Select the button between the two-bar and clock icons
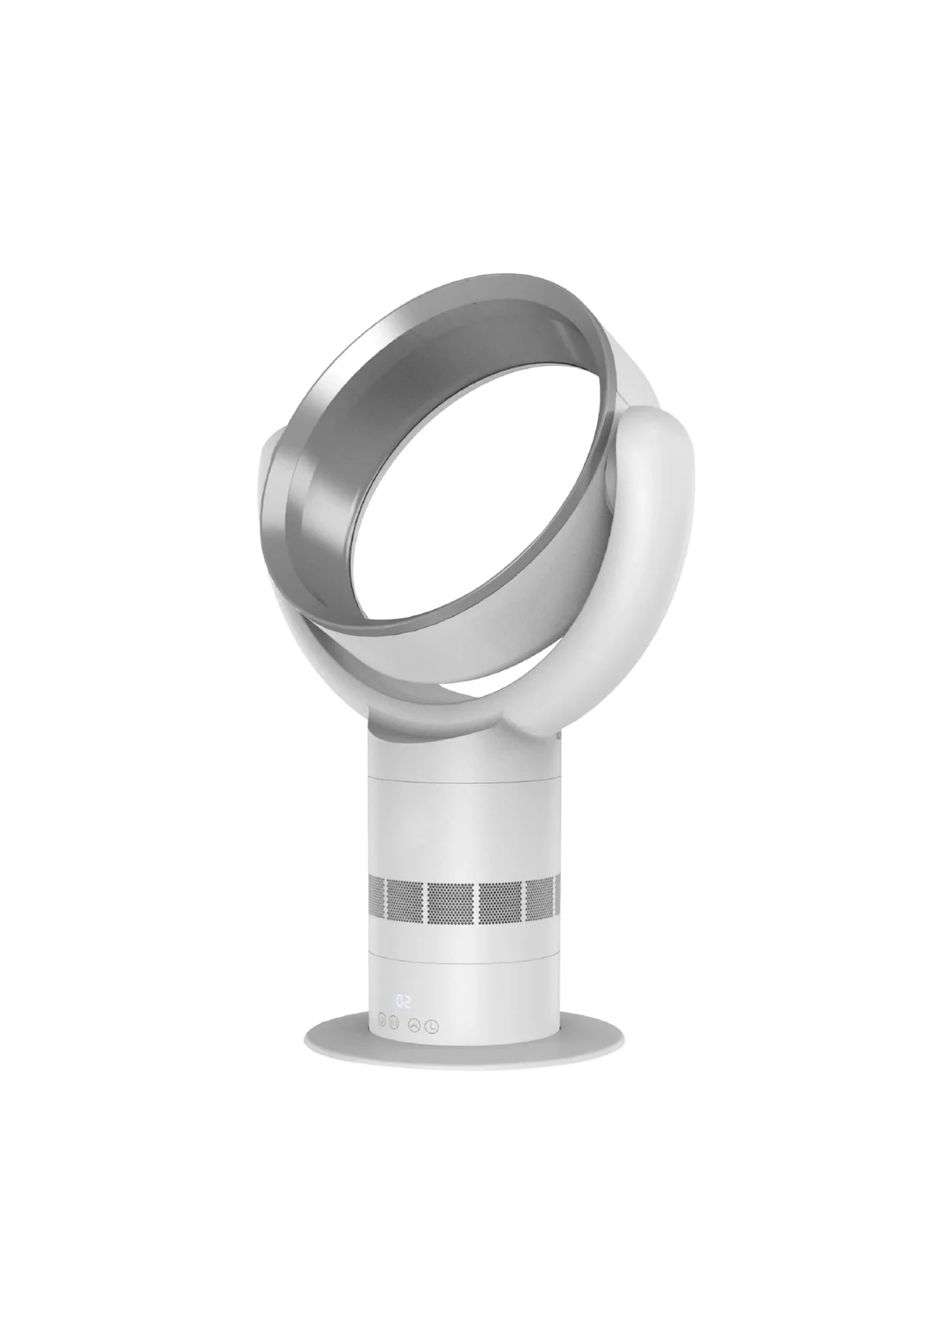414,1026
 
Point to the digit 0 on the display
399,1001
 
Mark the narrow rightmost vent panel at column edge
556,901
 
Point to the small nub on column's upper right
560,737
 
